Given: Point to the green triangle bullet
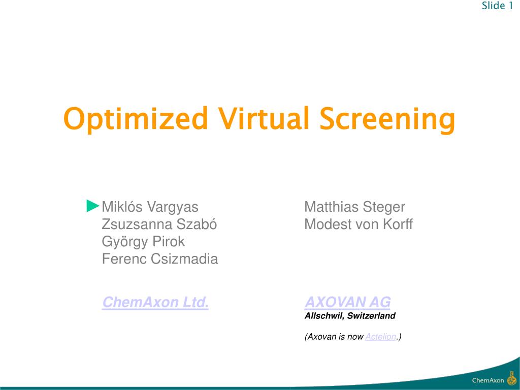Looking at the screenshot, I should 93,206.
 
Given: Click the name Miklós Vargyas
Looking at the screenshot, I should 150,207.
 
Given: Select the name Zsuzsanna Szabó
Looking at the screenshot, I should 159,224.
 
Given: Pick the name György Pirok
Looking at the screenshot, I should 144,242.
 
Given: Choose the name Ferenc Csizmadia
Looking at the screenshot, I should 160,259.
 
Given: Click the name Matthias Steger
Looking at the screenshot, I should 354,207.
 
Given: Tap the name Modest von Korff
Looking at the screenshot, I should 359,224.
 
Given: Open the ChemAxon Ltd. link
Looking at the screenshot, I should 155,303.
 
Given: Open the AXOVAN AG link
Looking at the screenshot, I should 347,303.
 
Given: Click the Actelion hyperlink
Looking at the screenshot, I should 380,337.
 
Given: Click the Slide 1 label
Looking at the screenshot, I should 497,6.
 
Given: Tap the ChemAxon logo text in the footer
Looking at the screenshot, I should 488,380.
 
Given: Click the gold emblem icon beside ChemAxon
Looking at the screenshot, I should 511,379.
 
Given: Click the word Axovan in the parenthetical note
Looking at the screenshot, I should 321,337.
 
